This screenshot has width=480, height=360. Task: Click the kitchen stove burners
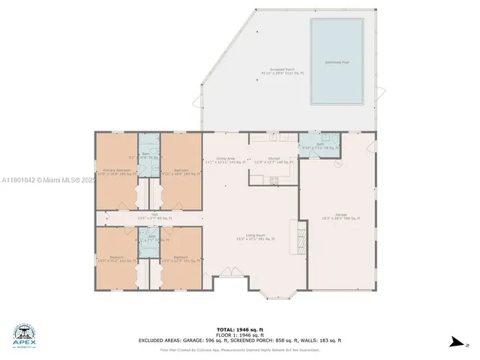click(x=273, y=179)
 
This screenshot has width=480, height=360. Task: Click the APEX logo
click(x=24, y=336)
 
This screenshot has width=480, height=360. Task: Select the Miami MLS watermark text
click(x=48, y=180)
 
